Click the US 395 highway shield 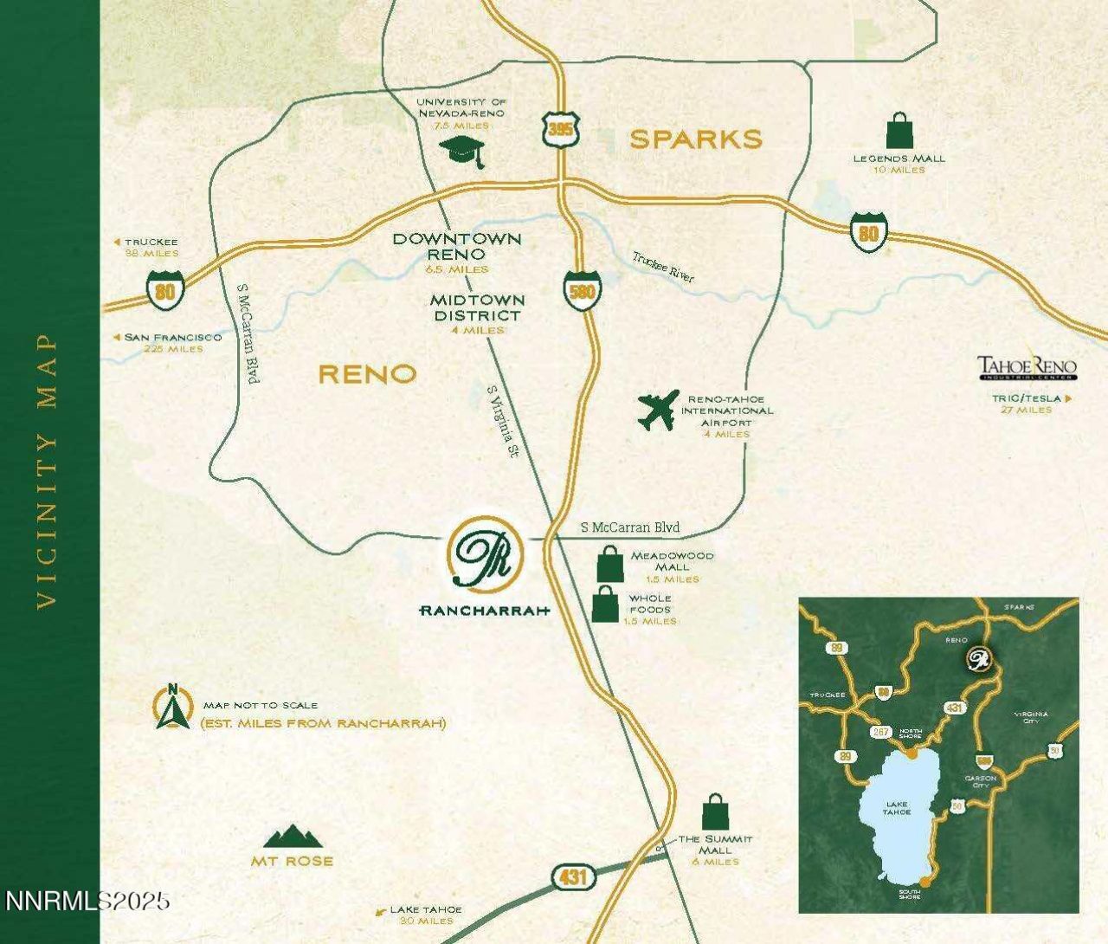[557, 130]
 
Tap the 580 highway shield [582, 290]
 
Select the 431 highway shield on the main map [572, 877]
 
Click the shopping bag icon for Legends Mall [899, 132]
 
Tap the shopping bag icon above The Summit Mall [715, 812]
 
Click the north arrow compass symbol [172, 708]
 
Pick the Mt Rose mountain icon [293, 837]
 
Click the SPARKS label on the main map [695, 139]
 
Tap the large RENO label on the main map [367, 374]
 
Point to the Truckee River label [663, 267]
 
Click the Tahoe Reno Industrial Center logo [1027, 368]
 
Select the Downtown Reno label [457, 247]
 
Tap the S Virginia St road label [503, 422]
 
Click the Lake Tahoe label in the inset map [897, 808]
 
